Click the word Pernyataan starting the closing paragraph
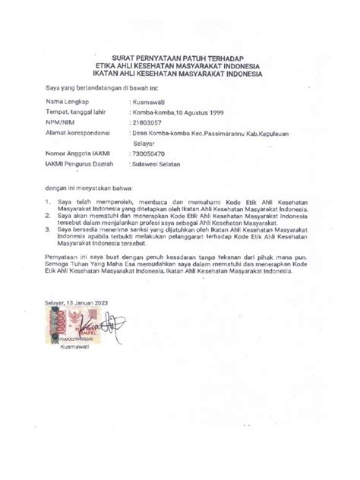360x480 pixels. click(x=62, y=259)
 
